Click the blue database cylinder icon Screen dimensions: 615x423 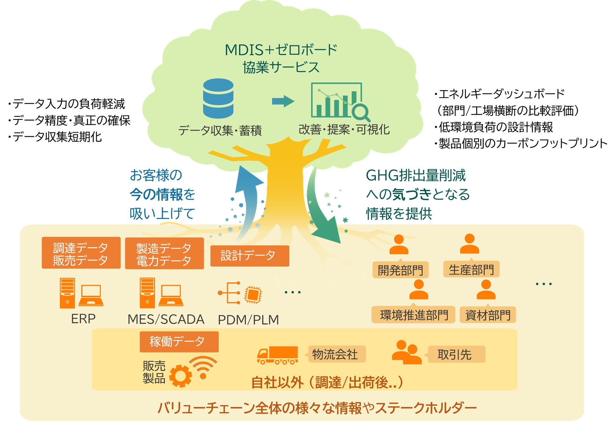[x=218, y=98]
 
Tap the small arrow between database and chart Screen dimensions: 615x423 [x=283, y=101]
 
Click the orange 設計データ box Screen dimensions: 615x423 [x=249, y=256]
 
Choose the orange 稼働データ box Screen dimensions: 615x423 [x=179, y=342]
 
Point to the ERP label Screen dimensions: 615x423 [x=83, y=319]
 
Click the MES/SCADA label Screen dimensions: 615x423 [x=166, y=319]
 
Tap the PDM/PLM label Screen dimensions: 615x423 [x=249, y=320]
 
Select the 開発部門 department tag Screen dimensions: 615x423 [x=400, y=270]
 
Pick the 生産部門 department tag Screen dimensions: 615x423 [x=471, y=269]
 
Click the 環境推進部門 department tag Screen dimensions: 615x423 [x=413, y=315]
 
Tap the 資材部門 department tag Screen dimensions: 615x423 [x=488, y=315]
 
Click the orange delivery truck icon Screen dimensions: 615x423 [x=278, y=355]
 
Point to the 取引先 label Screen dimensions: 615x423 [x=455, y=355]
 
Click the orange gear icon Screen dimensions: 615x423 [x=181, y=376]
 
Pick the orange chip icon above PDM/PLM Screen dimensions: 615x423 [x=253, y=295]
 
